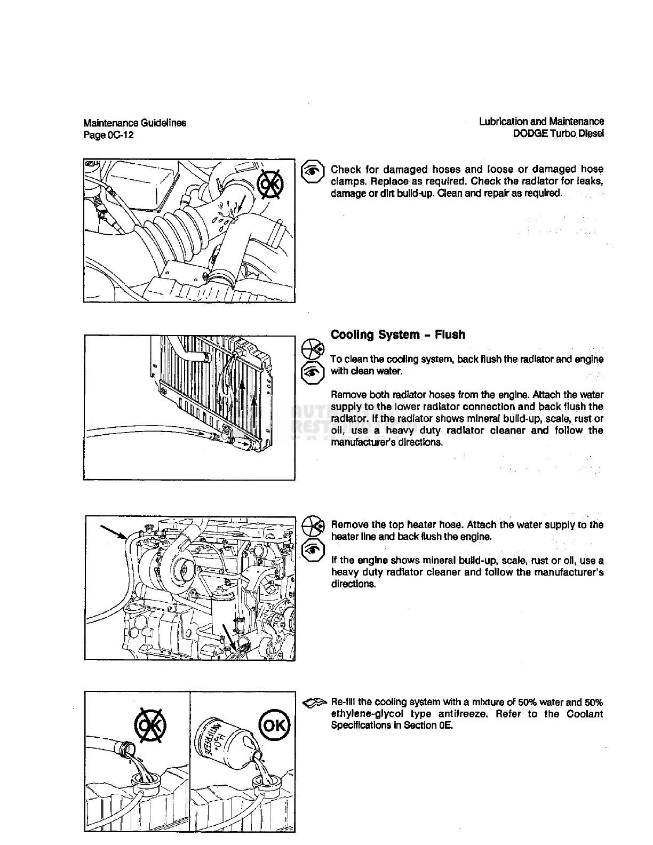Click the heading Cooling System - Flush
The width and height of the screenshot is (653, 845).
397,335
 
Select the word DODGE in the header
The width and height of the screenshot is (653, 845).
530,133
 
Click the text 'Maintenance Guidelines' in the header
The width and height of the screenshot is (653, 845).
135,123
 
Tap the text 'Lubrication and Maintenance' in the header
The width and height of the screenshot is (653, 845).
541,122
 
